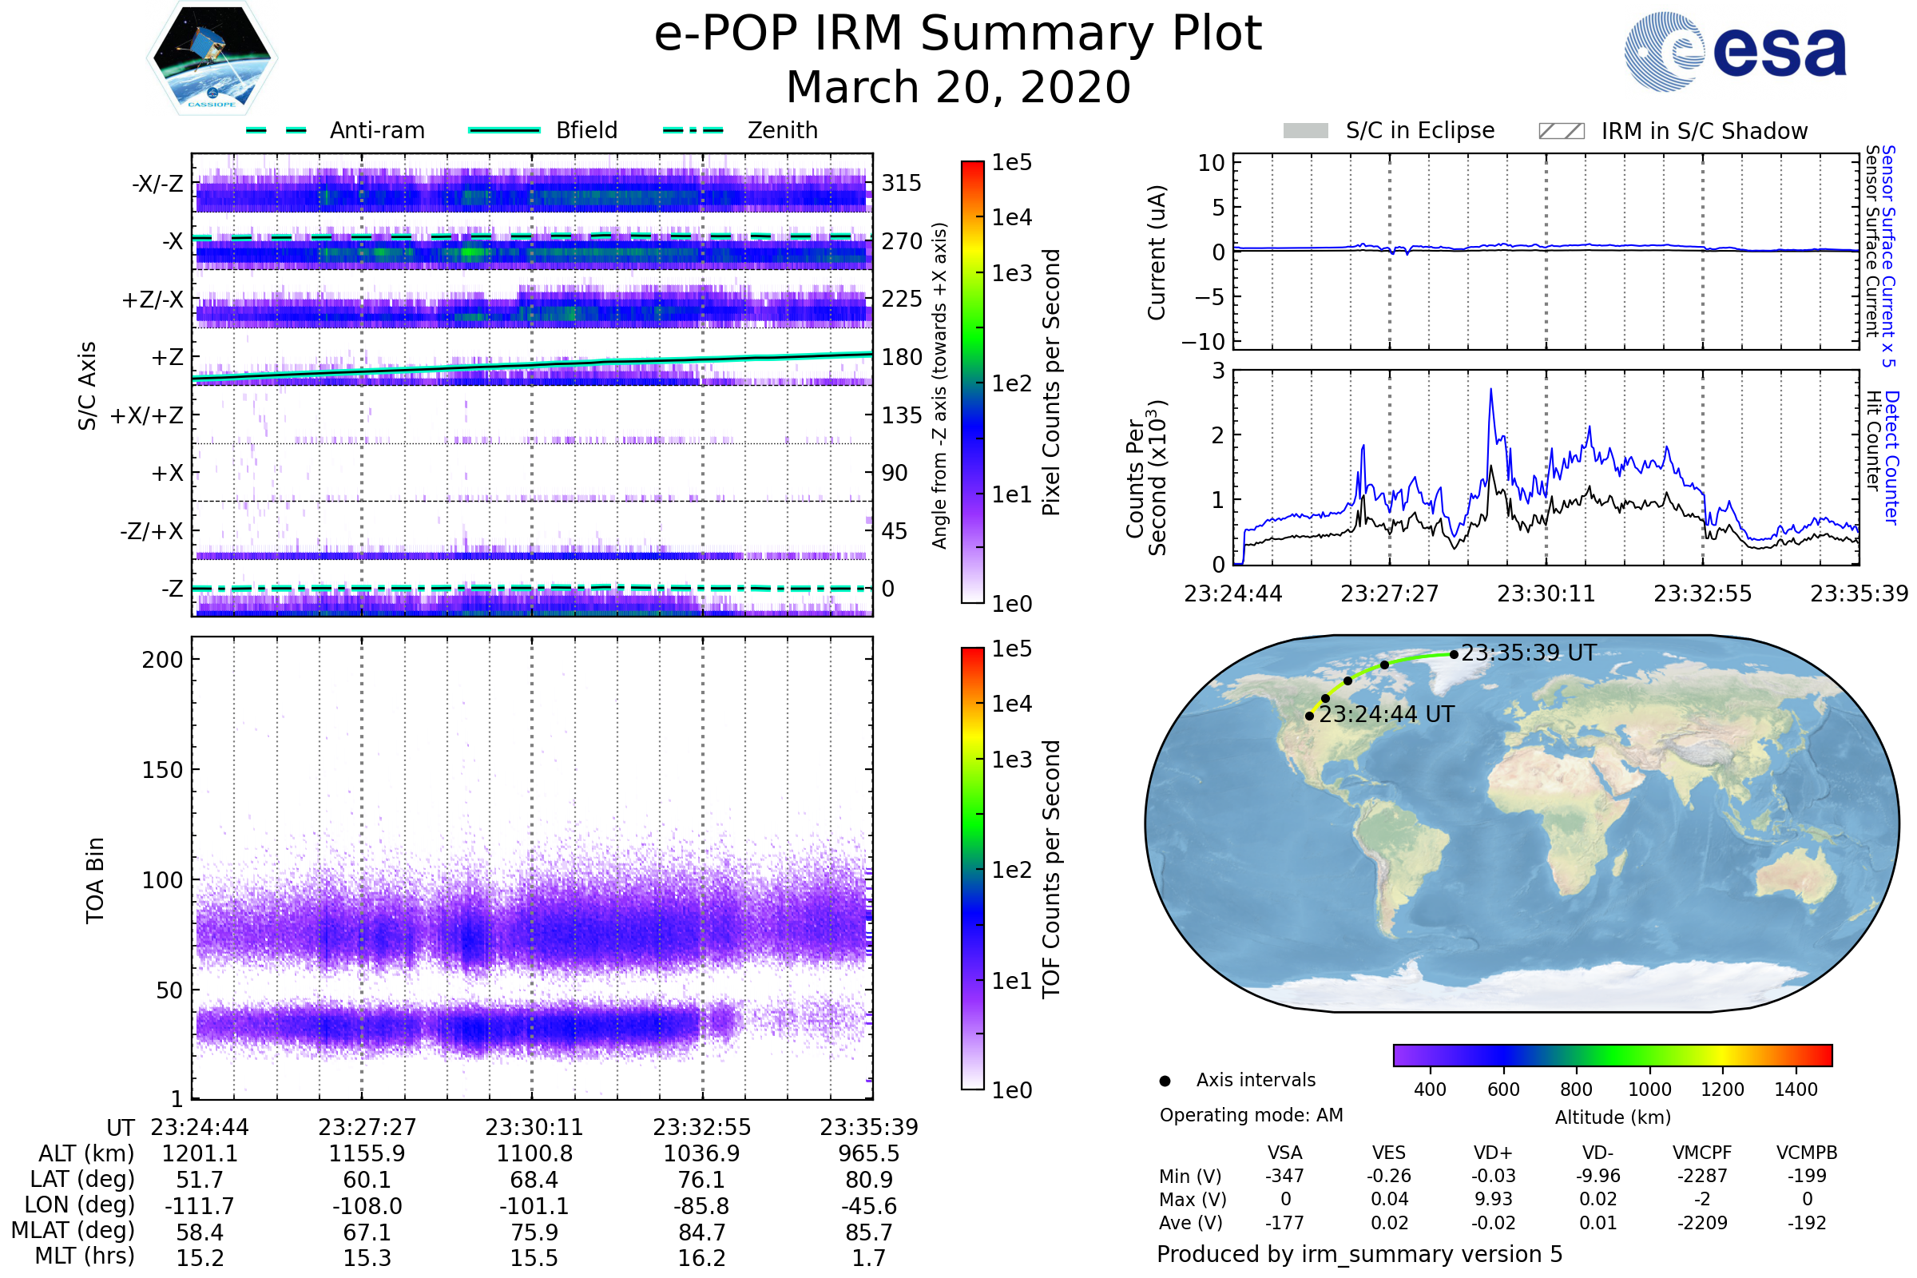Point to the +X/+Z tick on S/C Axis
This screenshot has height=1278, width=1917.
click(147, 415)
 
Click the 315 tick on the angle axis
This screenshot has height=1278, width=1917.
click(902, 183)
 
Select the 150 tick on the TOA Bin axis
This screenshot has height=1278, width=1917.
click(162, 770)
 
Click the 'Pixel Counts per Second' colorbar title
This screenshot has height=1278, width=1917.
click(1051, 383)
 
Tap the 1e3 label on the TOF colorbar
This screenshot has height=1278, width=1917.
click(1011, 760)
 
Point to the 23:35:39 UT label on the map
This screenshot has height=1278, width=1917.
click(1528, 653)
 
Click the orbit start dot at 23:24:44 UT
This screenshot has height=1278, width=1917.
click(1310, 716)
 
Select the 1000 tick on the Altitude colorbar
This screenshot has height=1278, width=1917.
click(1649, 1089)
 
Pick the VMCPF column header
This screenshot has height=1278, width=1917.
click(1702, 1153)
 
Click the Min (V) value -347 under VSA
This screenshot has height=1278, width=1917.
click(1284, 1176)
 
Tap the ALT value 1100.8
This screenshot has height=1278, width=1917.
click(534, 1154)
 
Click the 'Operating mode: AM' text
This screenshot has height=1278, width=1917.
click(1251, 1115)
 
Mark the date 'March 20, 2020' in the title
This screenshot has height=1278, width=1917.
click(958, 87)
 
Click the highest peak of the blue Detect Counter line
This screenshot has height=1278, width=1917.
click(1490, 390)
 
